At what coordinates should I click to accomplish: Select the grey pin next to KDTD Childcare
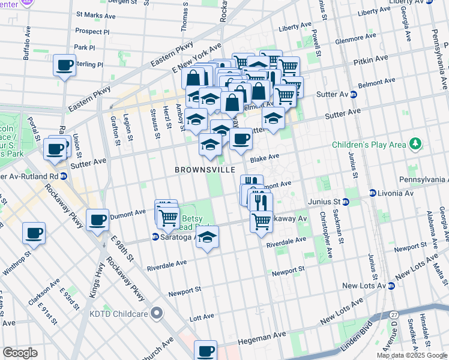[157, 313]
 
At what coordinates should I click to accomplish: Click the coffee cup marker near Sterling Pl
[64, 65]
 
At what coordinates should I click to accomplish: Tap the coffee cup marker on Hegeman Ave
[206, 350]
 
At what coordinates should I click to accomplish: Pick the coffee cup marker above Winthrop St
[34, 232]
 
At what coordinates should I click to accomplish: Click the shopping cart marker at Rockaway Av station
[261, 221]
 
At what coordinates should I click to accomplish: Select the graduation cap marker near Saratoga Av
[207, 236]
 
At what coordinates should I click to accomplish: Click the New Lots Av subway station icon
[391, 286]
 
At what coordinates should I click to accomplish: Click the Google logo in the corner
[20, 352]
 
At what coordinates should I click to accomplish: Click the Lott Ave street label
[202, 316]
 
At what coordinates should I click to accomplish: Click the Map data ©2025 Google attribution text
[411, 355]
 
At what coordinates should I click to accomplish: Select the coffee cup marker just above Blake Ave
[241, 139]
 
